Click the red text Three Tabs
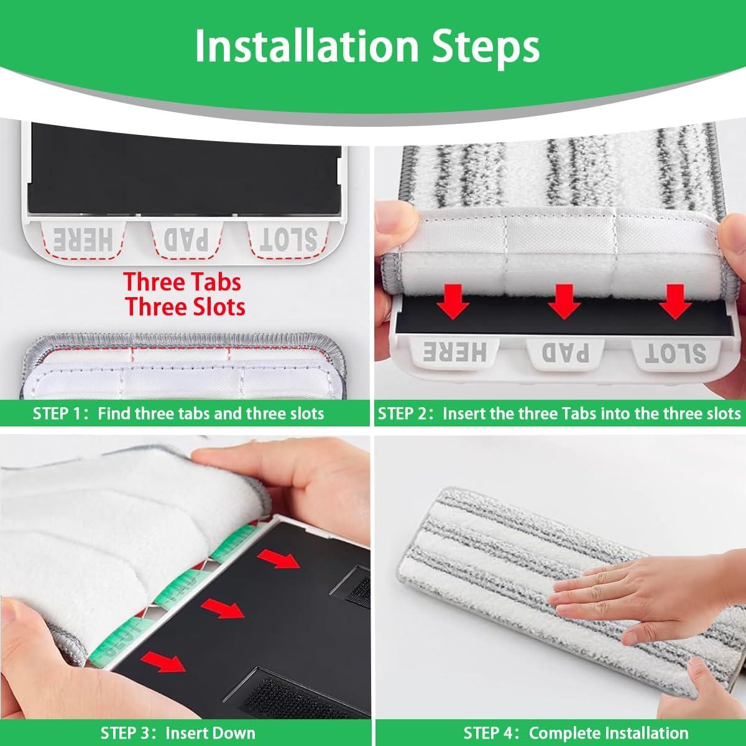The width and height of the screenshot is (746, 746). [x=182, y=282]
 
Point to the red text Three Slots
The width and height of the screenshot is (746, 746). [x=185, y=307]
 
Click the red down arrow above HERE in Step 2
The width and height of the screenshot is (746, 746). [x=453, y=302]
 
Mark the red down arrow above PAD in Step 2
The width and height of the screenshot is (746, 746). [x=564, y=302]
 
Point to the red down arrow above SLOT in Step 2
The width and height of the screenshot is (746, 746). [x=675, y=302]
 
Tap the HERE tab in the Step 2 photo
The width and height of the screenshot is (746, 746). [x=455, y=352]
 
